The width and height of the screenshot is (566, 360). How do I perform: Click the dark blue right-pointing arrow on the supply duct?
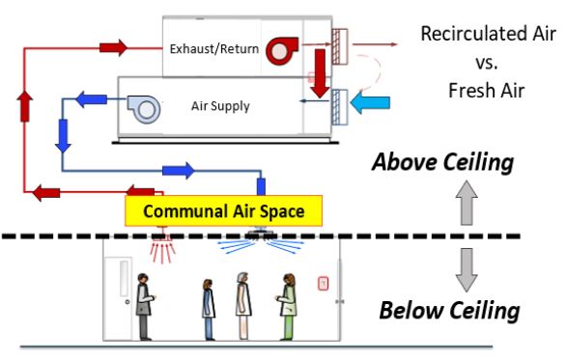[x=176, y=171]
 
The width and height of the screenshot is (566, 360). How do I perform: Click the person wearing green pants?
[x=287, y=306]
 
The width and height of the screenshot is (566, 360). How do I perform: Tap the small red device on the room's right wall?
[x=325, y=285]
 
